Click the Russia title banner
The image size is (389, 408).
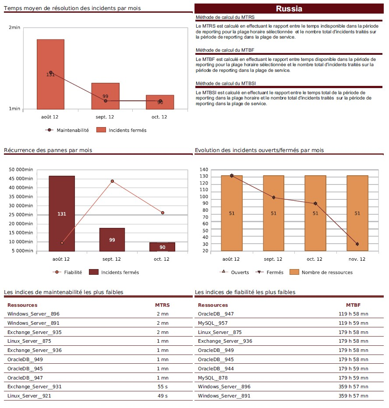coord(289,9)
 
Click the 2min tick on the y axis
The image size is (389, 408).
coord(14,28)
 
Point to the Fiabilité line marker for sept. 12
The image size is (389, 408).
coord(112,181)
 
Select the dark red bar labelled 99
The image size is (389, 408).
coord(112,239)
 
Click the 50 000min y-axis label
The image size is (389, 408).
coord(21,169)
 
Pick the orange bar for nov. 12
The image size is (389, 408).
coord(357,213)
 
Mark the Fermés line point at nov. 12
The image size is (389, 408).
coord(357,244)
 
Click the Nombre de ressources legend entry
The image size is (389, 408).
coord(327,273)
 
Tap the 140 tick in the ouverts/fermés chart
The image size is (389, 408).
coord(203,170)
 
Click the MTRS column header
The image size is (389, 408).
coord(162,305)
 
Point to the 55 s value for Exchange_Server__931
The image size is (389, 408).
coord(162,387)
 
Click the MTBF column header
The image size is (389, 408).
coord(353,305)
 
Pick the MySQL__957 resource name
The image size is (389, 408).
coord(213,323)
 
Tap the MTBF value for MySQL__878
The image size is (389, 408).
coord(353,378)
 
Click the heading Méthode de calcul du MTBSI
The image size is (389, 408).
coord(226,83)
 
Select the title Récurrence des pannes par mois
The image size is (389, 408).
coord(48,150)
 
